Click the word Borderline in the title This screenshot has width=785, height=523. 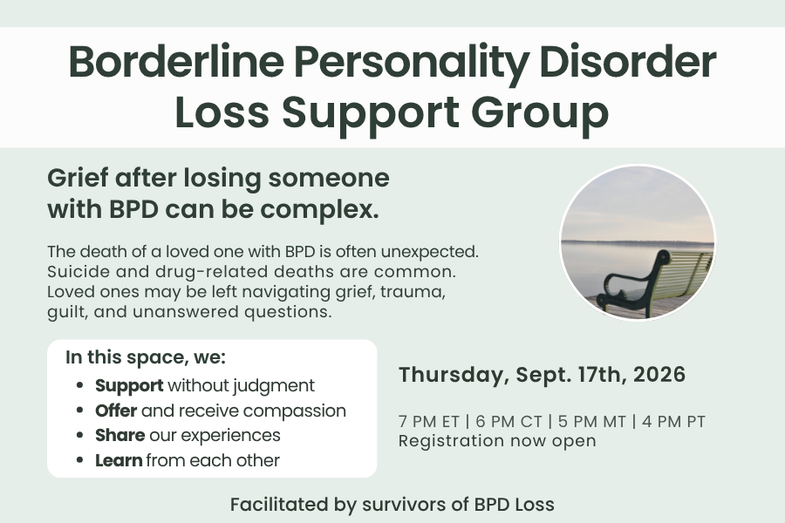pos(176,62)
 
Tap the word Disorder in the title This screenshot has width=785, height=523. pos(628,62)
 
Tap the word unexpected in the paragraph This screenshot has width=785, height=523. pos(429,252)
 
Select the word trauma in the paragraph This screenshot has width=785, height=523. pos(413,292)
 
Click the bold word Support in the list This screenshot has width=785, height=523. pos(129,386)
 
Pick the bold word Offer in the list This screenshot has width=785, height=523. pos(116,411)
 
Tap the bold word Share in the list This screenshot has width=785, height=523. pos(120,436)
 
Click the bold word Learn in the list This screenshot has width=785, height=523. pos(119,460)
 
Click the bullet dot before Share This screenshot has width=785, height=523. pos(79,436)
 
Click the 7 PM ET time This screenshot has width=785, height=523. pos(429,422)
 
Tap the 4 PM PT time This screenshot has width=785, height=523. pos(673,422)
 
